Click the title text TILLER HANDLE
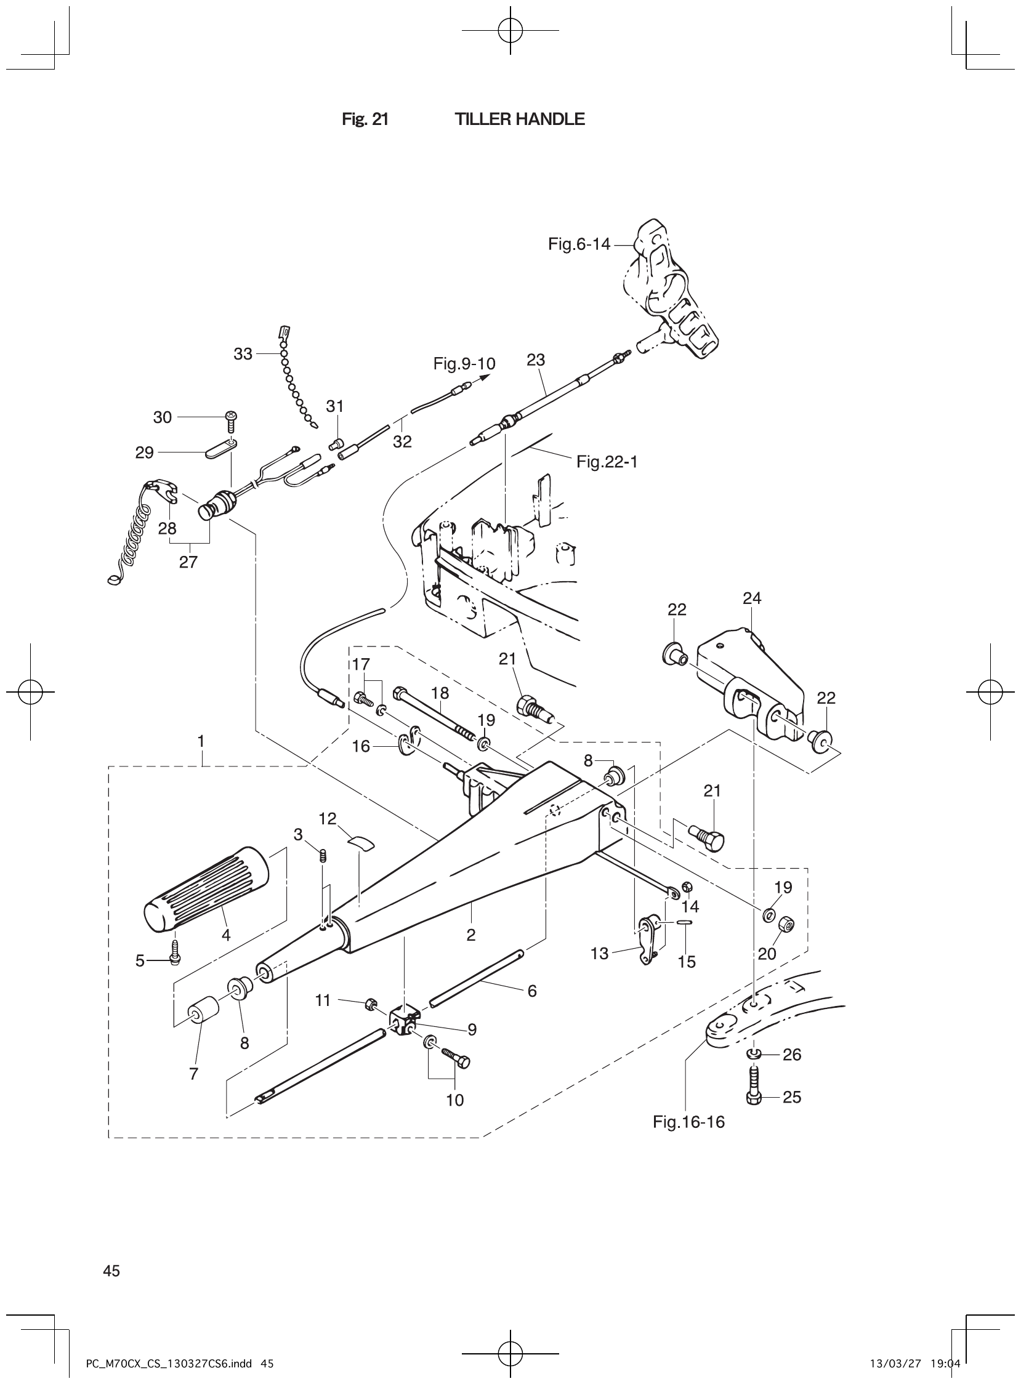click(x=519, y=119)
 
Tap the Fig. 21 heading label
click(x=365, y=119)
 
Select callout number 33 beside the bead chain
click(x=243, y=353)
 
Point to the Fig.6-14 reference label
click(x=578, y=244)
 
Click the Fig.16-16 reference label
click(x=688, y=1121)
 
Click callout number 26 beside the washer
click(x=792, y=1055)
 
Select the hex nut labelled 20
click(x=786, y=923)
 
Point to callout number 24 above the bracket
click(x=751, y=597)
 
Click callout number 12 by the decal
click(x=328, y=819)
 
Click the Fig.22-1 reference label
click(x=607, y=462)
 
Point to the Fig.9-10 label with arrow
click(x=464, y=364)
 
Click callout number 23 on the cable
click(x=535, y=360)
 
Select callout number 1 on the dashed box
click(x=201, y=739)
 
